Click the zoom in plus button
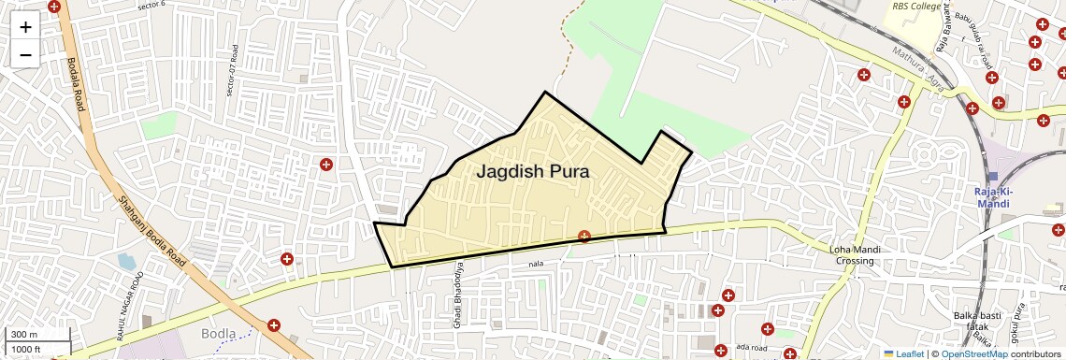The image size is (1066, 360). coord(25,27)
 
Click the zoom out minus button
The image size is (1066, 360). coord(25,54)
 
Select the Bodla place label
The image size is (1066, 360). coord(218,333)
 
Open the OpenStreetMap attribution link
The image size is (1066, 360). coord(974,353)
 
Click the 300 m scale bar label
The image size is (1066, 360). coord(24,335)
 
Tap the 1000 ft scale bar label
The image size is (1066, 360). coord(28,349)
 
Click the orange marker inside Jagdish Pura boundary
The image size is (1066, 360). coord(584,237)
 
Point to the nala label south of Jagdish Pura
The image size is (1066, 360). coord(535,264)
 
